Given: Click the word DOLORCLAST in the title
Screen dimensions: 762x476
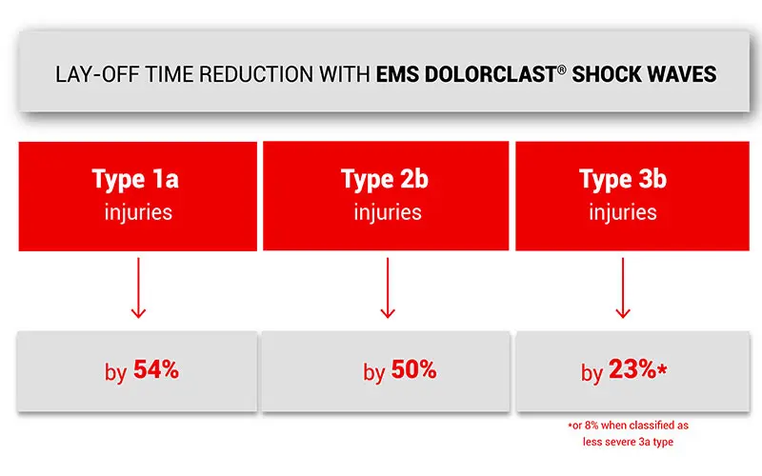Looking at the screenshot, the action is (491, 75).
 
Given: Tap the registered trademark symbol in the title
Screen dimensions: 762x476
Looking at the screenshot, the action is (562, 69).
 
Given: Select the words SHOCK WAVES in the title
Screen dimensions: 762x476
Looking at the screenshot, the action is (644, 75).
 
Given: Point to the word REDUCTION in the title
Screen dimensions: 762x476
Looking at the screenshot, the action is (256, 75).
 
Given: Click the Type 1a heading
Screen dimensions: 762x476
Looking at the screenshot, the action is (135, 179).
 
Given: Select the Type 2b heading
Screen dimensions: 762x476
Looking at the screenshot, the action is (385, 179).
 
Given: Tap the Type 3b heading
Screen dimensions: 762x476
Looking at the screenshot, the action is (623, 179).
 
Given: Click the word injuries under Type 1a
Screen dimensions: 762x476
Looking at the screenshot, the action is (138, 212).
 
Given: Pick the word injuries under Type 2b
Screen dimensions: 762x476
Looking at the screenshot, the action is (388, 212).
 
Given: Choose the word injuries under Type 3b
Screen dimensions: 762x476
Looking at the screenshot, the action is (623, 212).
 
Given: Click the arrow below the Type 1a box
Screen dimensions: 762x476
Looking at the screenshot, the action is (138, 288).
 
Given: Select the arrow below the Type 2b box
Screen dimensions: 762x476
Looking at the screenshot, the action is (388, 288).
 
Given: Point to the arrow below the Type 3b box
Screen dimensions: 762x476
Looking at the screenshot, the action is (623, 288).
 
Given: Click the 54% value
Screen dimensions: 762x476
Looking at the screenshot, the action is (156, 369).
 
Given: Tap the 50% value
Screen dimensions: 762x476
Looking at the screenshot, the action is (414, 369).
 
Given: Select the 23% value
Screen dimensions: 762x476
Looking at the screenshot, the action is (632, 369).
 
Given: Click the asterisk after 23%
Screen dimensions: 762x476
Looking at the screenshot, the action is (662, 369).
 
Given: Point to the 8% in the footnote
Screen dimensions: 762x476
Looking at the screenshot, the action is (591, 426).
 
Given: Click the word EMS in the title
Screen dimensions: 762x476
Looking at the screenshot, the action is (397, 75).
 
